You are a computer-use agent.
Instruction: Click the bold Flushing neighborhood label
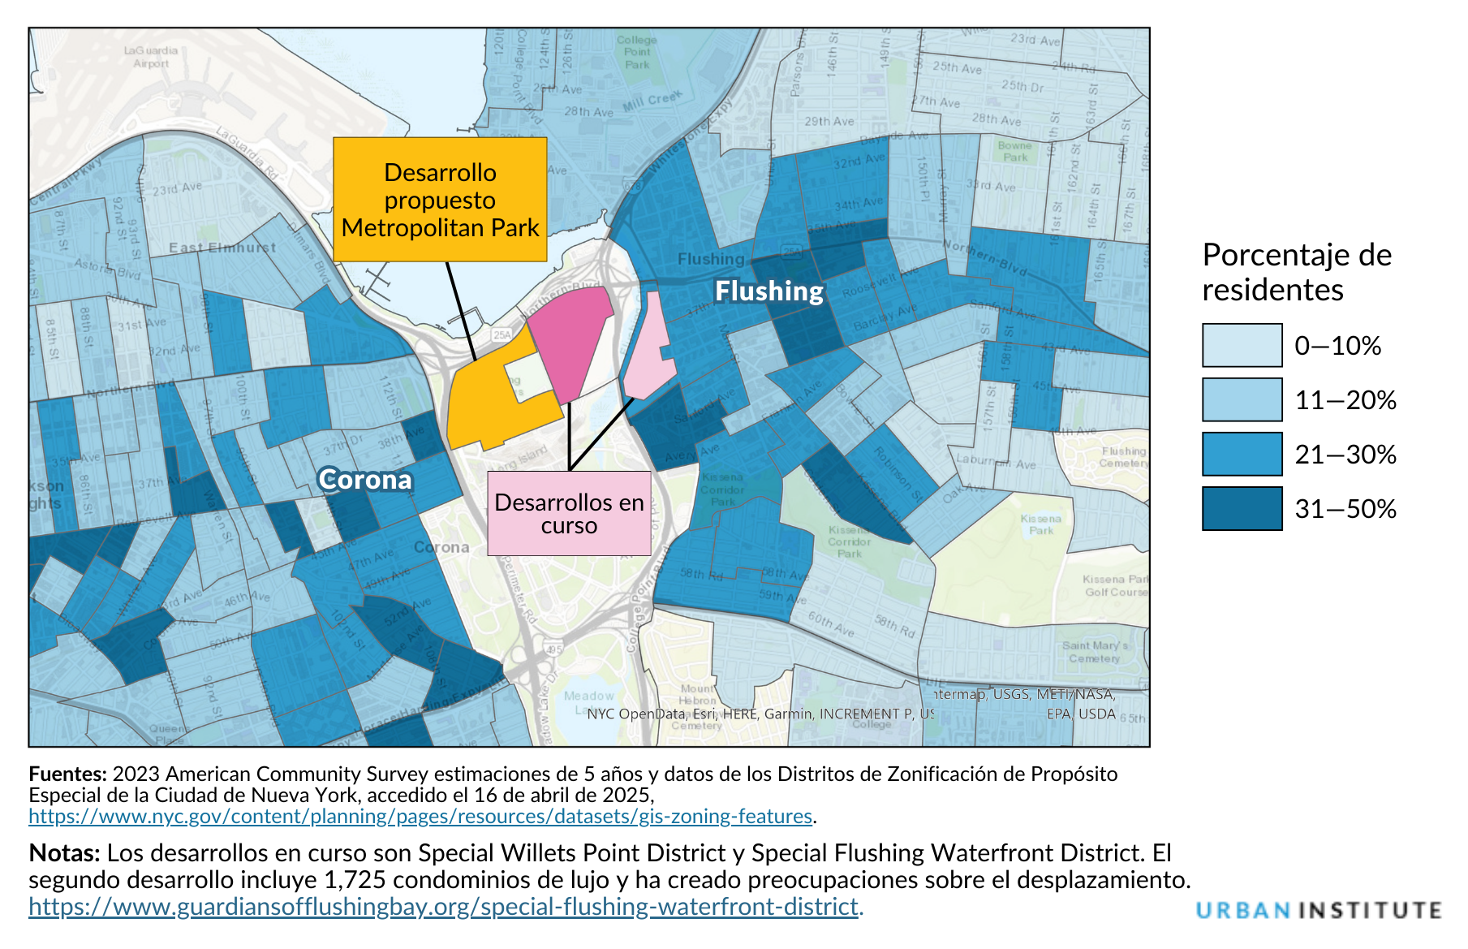[768, 291]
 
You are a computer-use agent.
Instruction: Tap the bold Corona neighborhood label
[365, 480]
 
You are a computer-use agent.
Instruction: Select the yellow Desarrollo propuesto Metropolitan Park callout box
[440, 200]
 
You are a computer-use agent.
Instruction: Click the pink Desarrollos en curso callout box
[569, 514]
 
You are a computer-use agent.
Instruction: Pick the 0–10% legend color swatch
[1242, 345]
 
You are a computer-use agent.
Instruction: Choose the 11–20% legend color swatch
[1242, 399]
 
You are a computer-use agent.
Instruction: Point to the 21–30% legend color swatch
[1242, 454]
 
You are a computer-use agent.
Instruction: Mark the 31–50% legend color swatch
[1242, 508]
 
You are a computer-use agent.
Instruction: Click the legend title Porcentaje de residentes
[1296, 272]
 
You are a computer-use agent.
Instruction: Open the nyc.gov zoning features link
[420, 817]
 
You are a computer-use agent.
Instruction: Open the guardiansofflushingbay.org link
[443, 906]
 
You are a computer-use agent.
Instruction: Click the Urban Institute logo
[1319, 910]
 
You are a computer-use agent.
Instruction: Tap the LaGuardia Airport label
[151, 57]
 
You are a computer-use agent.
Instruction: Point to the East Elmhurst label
[222, 248]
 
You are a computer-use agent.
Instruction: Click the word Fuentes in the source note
[67, 774]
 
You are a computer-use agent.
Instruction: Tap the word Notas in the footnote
[64, 853]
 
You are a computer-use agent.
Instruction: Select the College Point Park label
[637, 52]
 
